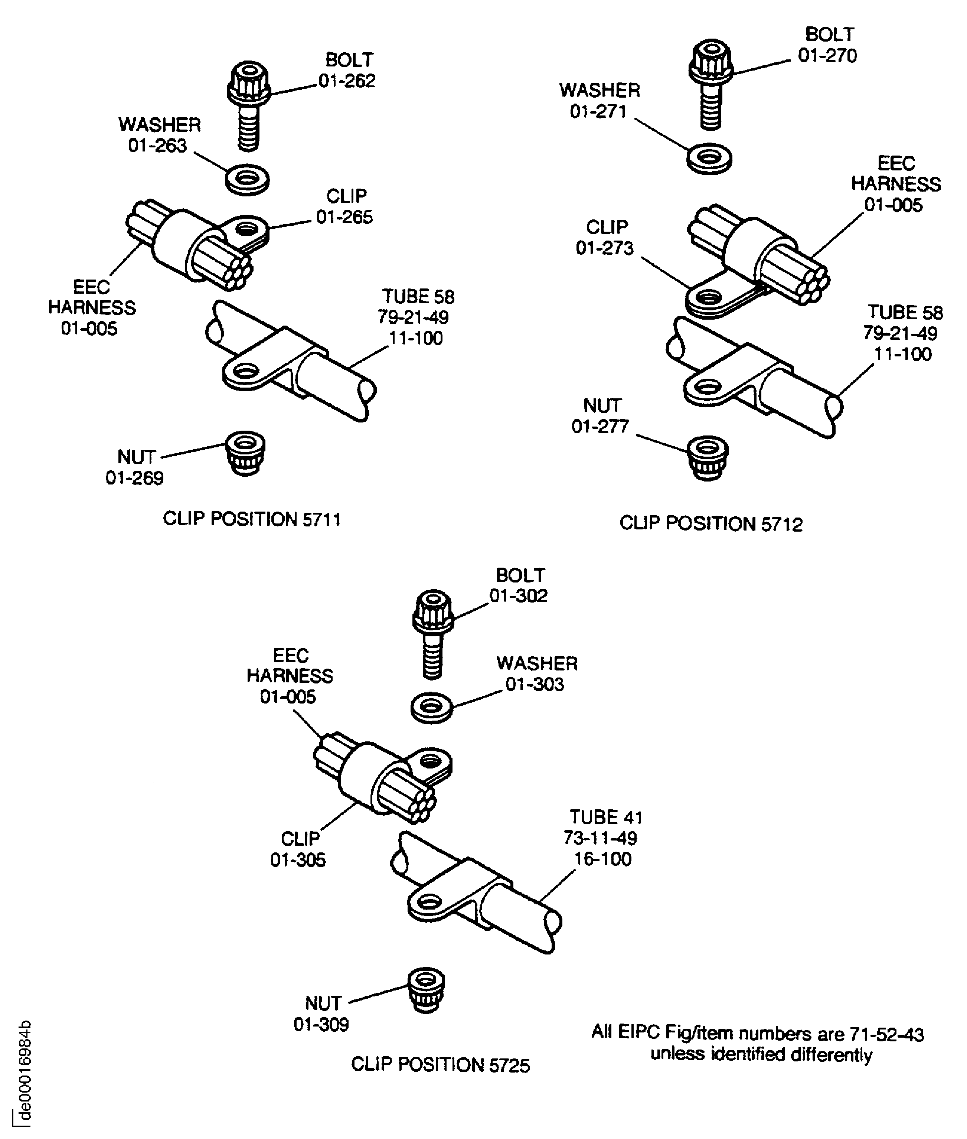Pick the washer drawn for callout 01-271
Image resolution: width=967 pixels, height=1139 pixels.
point(709,160)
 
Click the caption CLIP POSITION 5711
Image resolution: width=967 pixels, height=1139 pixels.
point(252,519)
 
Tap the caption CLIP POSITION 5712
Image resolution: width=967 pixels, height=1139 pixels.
point(710,523)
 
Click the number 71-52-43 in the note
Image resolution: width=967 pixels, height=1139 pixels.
point(886,1034)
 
